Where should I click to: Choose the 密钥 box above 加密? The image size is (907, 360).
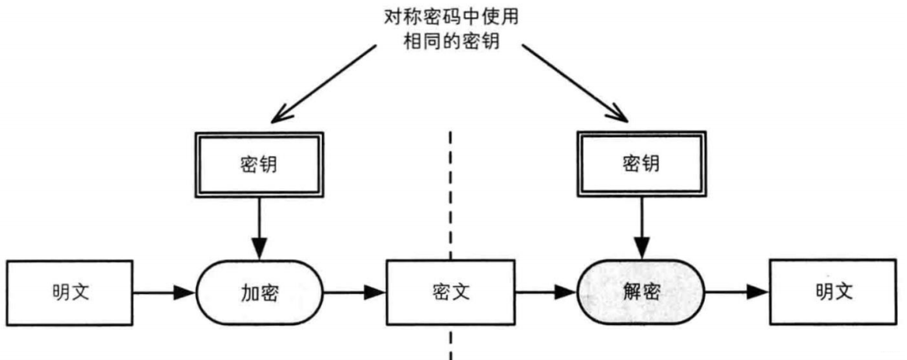(x=258, y=163)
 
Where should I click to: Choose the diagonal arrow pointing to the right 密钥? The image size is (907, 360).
(x=574, y=84)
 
